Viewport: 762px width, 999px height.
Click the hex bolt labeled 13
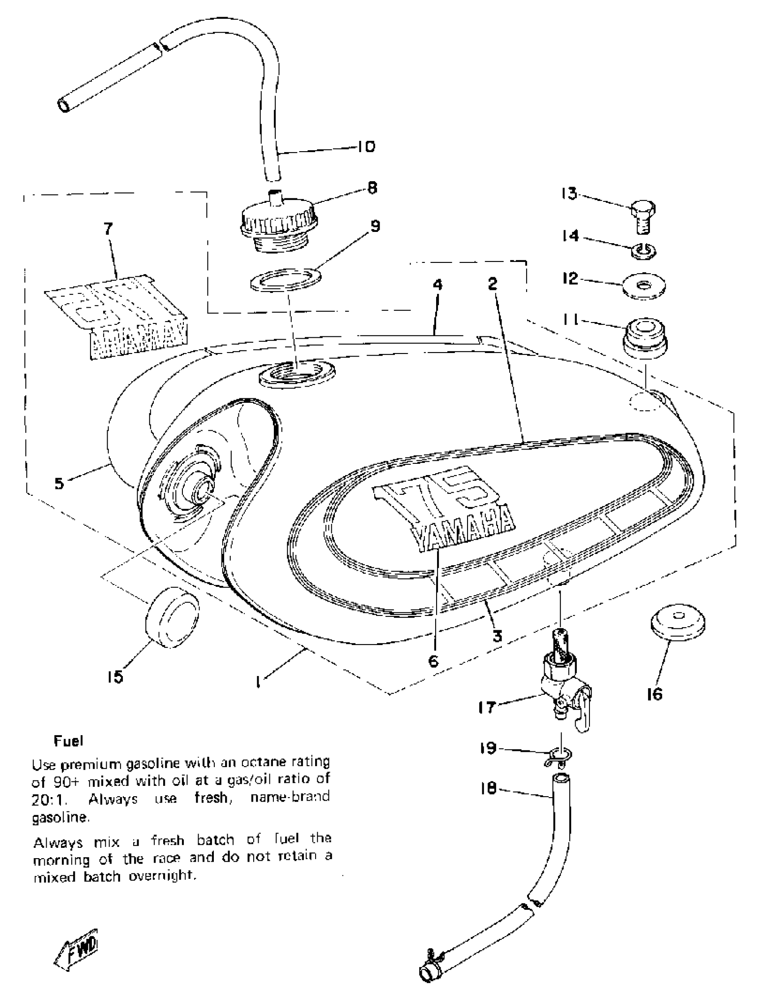643,217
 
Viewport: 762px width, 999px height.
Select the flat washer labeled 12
644,285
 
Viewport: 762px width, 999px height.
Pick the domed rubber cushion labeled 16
678,622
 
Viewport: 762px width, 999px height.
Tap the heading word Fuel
69,741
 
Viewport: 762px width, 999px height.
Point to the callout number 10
366,147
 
